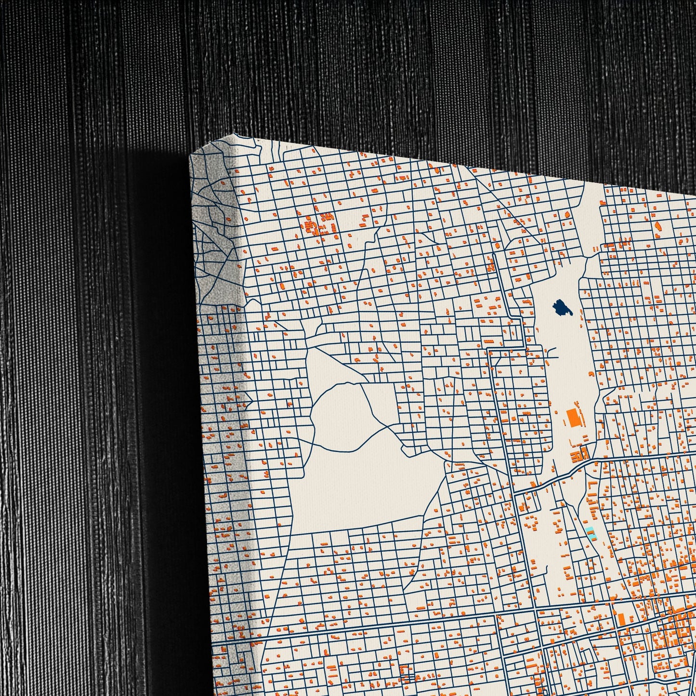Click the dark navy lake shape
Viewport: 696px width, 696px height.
pyautogui.click(x=562, y=307)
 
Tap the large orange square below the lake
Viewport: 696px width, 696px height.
pyautogui.click(x=573, y=417)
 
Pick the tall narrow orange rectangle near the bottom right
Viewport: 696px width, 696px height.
pyautogui.click(x=621, y=619)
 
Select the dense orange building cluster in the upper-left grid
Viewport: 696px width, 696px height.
pyautogui.click(x=320, y=225)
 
